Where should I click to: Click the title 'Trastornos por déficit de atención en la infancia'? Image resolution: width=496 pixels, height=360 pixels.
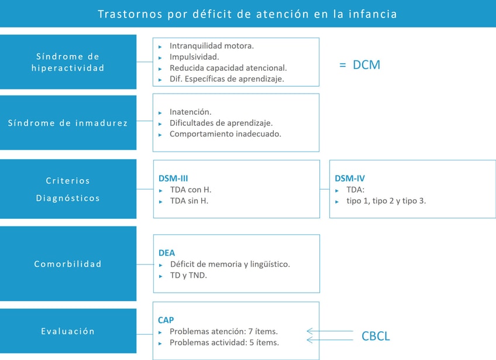tap(247, 13)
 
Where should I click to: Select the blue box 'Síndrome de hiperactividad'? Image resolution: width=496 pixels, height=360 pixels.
tap(68, 62)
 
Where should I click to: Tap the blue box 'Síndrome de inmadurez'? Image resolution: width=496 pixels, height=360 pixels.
tap(68, 123)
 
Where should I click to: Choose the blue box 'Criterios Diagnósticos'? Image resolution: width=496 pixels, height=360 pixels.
tap(68, 189)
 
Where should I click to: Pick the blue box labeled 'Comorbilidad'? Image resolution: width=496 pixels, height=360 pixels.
tap(68, 264)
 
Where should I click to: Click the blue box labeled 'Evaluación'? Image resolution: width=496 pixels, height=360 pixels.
tap(68, 331)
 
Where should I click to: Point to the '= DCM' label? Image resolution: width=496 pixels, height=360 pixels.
tap(360, 64)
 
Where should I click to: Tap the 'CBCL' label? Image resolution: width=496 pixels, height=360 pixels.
tap(375, 336)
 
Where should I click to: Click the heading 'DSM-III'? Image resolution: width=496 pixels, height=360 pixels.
tap(173, 178)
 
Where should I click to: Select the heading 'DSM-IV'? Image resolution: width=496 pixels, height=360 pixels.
tap(349, 178)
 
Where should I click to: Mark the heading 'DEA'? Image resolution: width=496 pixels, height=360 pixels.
tap(167, 253)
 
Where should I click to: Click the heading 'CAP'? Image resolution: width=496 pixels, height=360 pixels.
tap(166, 320)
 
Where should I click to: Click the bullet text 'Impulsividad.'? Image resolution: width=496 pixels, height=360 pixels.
tap(194, 57)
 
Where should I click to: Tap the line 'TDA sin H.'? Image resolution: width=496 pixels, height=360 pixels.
tap(189, 201)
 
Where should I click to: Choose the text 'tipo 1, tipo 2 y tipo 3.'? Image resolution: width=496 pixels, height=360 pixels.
tap(386, 201)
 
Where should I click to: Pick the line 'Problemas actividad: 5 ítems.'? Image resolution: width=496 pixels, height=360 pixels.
tap(224, 342)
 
